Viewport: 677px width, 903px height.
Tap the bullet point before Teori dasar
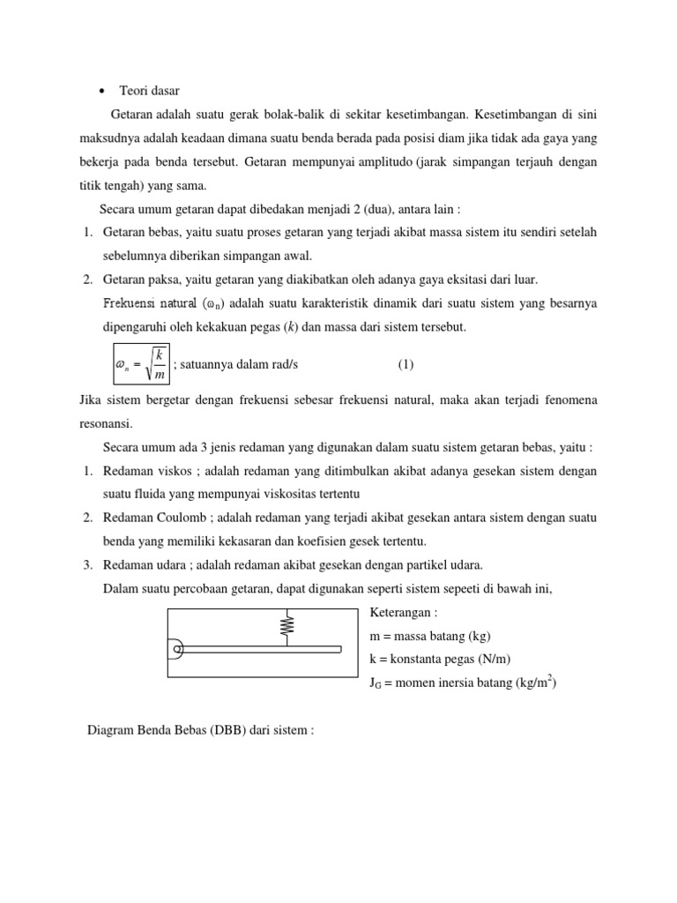(102, 91)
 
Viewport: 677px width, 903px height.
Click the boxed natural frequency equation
(137, 363)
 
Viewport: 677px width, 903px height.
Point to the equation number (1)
(405, 363)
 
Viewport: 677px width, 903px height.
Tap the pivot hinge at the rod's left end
(177, 650)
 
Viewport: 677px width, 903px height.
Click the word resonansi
(105, 424)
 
